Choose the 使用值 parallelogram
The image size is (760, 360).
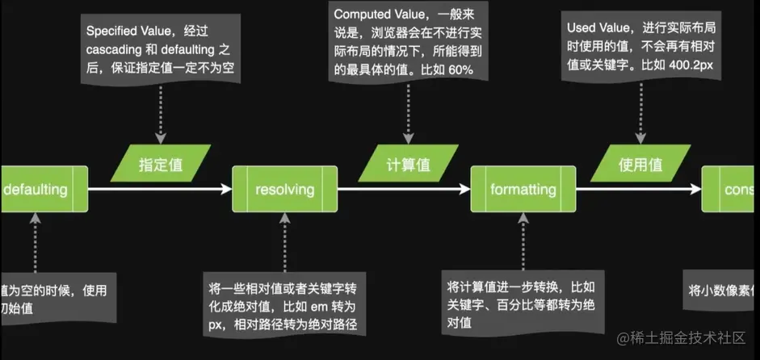tap(640, 164)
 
